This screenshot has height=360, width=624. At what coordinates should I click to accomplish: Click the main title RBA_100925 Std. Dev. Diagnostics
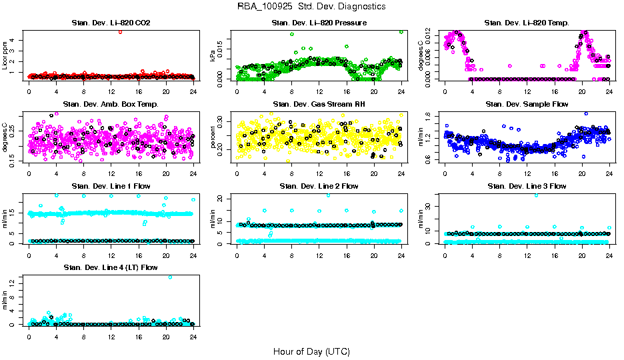[x=311, y=7]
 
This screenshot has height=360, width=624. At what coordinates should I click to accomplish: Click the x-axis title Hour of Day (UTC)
[x=311, y=351]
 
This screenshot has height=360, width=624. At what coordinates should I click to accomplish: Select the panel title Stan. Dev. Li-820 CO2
[x=111, y=23]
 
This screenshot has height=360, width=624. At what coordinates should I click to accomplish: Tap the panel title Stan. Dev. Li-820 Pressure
[x=319, y=23]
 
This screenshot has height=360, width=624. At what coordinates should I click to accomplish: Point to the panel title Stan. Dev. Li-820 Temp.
[x=527, y=23]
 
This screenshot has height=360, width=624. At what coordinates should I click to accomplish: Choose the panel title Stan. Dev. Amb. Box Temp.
[x=111, y=104]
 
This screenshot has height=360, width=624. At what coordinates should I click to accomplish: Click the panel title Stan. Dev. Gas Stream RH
[x=319, y=104]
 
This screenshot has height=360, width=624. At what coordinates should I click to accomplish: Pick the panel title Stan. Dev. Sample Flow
[x=527, y=104]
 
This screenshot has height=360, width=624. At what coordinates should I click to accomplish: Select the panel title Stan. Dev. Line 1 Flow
[x=111, y=186]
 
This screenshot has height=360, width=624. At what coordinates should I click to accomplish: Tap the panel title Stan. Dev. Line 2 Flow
[x=319, y=186]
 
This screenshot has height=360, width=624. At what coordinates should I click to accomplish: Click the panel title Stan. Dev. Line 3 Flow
[x=527, y=186]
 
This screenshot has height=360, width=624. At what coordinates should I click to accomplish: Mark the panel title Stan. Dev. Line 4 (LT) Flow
[x=111, y=267]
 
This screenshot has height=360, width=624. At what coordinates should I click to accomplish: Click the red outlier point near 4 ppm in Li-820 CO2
[x=120, y=31]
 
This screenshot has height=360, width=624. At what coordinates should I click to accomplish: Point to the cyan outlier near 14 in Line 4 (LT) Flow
[x=170, y=277]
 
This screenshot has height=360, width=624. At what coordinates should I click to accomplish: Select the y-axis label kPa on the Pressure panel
[x=214, y=56]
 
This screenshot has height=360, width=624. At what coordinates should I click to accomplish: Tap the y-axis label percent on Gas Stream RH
[x=214, y=137]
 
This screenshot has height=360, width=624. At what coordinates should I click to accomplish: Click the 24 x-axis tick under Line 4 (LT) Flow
[x=193, y=337]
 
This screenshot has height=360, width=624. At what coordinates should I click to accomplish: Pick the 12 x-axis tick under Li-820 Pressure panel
[x=319, y=91]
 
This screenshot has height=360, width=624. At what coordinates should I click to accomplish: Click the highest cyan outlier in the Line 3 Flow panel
[x=537, y=195]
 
